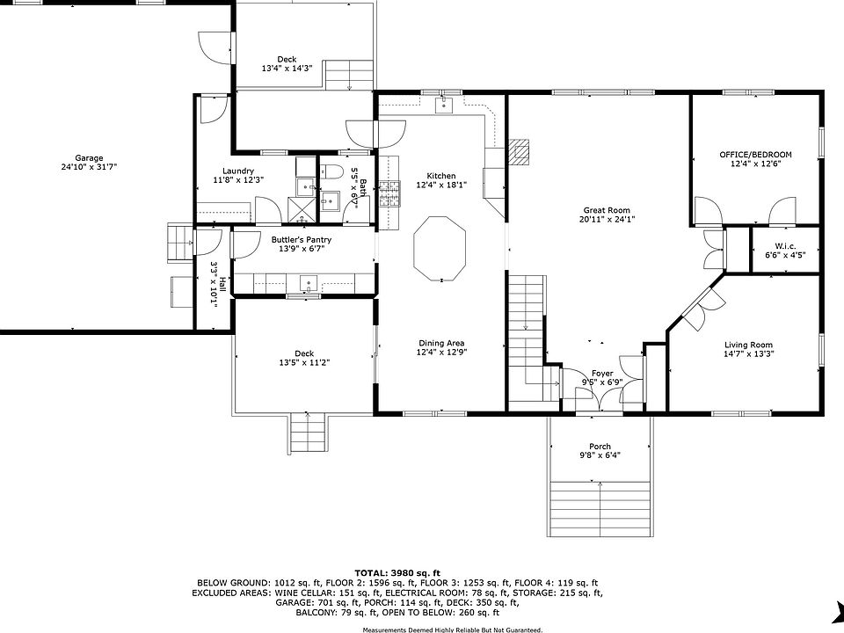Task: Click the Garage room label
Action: [x=89, y=158]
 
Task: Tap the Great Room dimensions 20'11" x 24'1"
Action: [x=607, y=220]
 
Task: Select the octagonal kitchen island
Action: [x=440, y=249]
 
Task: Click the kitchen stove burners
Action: [x=389, y=194]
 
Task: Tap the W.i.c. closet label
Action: [x=785, y=246]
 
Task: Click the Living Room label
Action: [x=748, y=345]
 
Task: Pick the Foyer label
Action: [x=602, y=373]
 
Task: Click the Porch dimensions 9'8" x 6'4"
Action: [x=600, y=455]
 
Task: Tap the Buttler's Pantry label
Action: [x=302, y=239]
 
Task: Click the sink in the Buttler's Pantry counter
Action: [x=309, y=283]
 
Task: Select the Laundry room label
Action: [x=238, y=171]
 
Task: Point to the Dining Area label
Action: [x=441, y=343]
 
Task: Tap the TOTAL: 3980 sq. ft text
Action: [x=397, y=572]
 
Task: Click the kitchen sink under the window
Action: [x=444, y=105]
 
